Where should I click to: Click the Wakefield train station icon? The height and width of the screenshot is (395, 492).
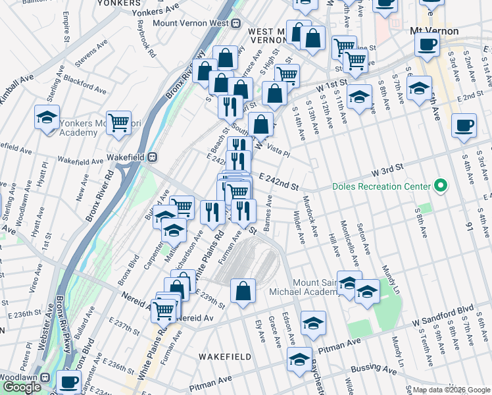(152, 157)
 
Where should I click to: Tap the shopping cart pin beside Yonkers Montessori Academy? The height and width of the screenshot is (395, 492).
(118, 123)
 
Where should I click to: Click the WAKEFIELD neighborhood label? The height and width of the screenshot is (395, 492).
(225, 356)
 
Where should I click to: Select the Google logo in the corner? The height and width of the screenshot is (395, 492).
(22, 387)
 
